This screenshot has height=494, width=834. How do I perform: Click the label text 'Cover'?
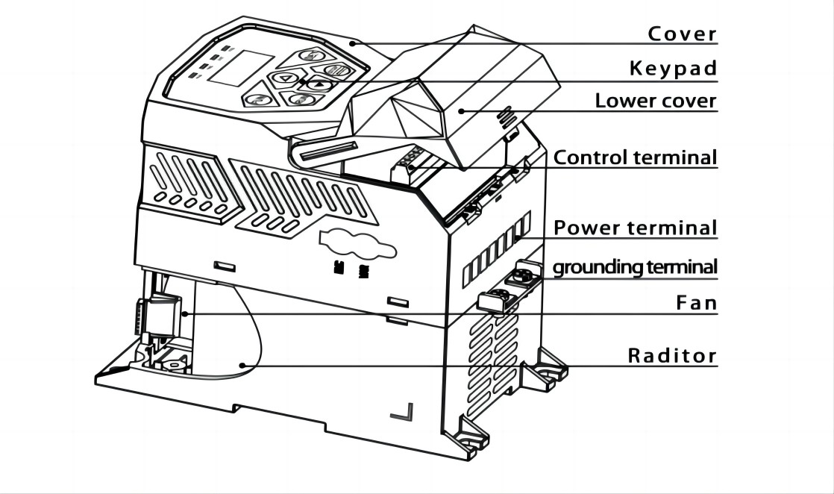[x=683, y=34]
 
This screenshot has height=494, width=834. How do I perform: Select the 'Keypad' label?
[x=674, y=68]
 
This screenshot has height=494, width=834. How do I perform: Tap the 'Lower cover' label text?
[x=656, y=101]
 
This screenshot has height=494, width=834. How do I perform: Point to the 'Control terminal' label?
[x=636, y=157]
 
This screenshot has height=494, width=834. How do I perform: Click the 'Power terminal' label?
[x=636, y=228]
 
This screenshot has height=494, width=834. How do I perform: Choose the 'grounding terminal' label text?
[x=636, y=266]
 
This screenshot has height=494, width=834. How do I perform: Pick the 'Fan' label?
[x=697, y=303]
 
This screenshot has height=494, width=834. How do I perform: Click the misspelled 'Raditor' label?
[x=673, y=355]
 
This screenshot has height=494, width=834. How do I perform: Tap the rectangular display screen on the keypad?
[x=240, y=68]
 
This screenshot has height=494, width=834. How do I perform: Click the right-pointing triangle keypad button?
[x=320, y=84]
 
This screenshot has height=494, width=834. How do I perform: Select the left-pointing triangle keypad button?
[x=286, y=79]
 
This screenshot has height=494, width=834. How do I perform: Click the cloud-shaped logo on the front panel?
[x=357, y=244]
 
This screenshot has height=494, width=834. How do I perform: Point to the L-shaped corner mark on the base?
[x=402, y=412]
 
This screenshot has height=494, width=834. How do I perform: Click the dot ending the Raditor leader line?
[x=242, y=365]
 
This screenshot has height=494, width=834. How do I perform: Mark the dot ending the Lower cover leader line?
[x=462, y=110]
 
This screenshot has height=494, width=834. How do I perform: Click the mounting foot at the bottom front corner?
[x=467, y=437]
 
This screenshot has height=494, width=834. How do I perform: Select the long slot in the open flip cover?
[x=328, y=151]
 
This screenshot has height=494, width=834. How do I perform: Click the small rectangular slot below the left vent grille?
[x=225, y=266]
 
